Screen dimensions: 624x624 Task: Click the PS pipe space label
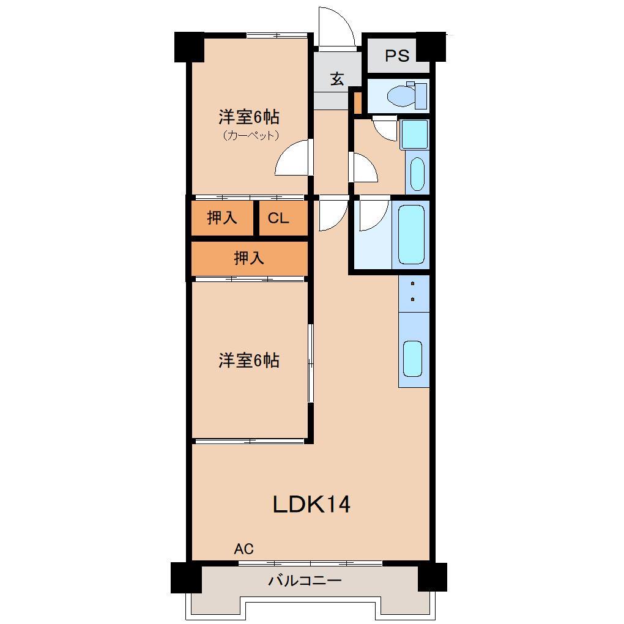(x=397, y=55)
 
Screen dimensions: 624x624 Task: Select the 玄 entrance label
(x=337, y=78)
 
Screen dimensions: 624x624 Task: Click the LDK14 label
(x=311, y=504)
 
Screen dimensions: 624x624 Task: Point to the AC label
(x=243, y=549)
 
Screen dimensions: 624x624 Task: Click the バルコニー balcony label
(x=305, y=581)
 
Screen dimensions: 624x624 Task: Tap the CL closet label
(x=278, y=218)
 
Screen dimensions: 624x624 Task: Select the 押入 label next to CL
(x=221, y=218)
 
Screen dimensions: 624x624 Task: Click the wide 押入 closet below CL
(x=250, y=258)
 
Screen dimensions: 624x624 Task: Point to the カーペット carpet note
(x=250, y=135)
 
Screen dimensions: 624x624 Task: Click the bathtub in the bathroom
(x=410, y=234)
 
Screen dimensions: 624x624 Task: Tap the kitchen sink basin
(x=413, y=358)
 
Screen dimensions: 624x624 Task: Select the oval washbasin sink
(x=417, y=174)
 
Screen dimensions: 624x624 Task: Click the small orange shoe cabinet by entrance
(x=358, y=103)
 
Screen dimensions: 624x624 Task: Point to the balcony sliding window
(x=310, y=563)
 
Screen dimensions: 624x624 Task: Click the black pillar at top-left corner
(x=189, y=47)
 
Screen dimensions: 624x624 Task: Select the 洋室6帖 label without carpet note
(x=249, y=360)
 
